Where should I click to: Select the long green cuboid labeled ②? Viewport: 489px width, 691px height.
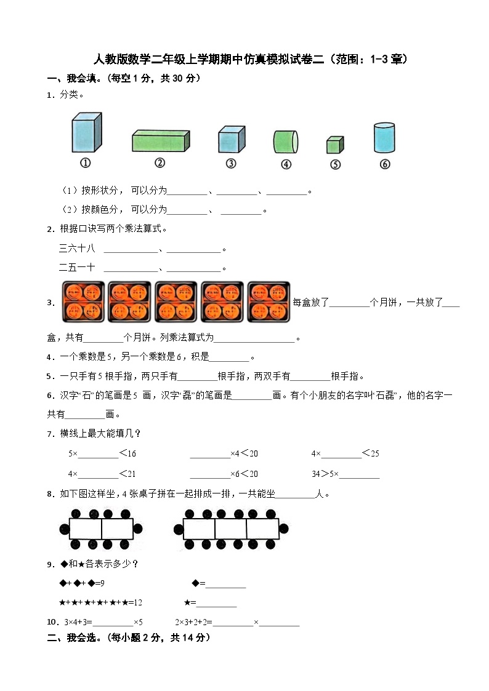160,140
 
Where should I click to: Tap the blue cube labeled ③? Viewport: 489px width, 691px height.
232,140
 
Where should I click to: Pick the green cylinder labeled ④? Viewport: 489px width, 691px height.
286,142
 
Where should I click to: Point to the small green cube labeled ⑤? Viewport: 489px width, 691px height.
334,145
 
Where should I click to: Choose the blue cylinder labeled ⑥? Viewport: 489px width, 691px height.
384,138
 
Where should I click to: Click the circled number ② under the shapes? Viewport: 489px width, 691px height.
160,163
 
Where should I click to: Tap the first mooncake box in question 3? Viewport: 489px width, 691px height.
83,302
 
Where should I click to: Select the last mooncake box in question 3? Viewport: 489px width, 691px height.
269,302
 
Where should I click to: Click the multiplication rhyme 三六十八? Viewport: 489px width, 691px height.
77,249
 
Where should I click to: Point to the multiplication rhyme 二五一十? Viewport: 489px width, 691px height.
77,267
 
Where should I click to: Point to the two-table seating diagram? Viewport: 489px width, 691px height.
101,529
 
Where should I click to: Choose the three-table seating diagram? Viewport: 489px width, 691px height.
231,529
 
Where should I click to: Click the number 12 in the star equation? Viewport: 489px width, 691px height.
138,602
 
